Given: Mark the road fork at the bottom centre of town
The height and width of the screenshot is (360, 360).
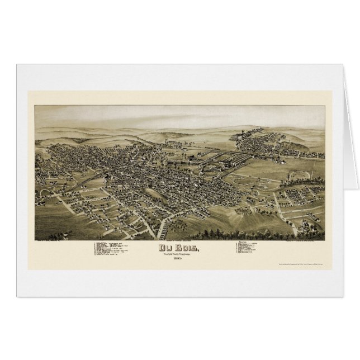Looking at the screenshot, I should pos(163,216).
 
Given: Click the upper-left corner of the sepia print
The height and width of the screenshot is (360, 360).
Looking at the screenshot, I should pos(36,107).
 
